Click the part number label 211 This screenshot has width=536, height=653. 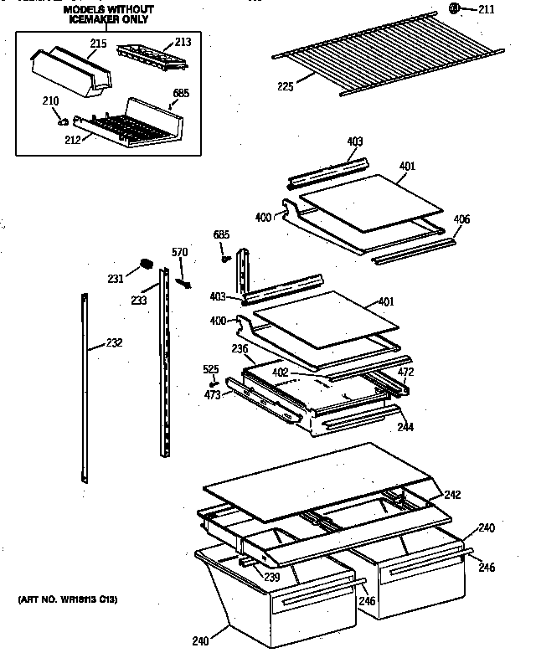[x=487, y=10]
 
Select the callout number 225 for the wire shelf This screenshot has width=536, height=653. [x=285, y=85]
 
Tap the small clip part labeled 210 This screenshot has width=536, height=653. [x=64, y=120]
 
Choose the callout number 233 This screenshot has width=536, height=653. [x=138, y=301]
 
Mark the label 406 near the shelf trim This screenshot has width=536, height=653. [x=461, y=219]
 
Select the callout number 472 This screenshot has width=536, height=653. [x=405, y=371]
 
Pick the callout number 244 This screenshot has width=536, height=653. [x=405, y=427]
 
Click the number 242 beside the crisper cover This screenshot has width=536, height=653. [x=452, y=495]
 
